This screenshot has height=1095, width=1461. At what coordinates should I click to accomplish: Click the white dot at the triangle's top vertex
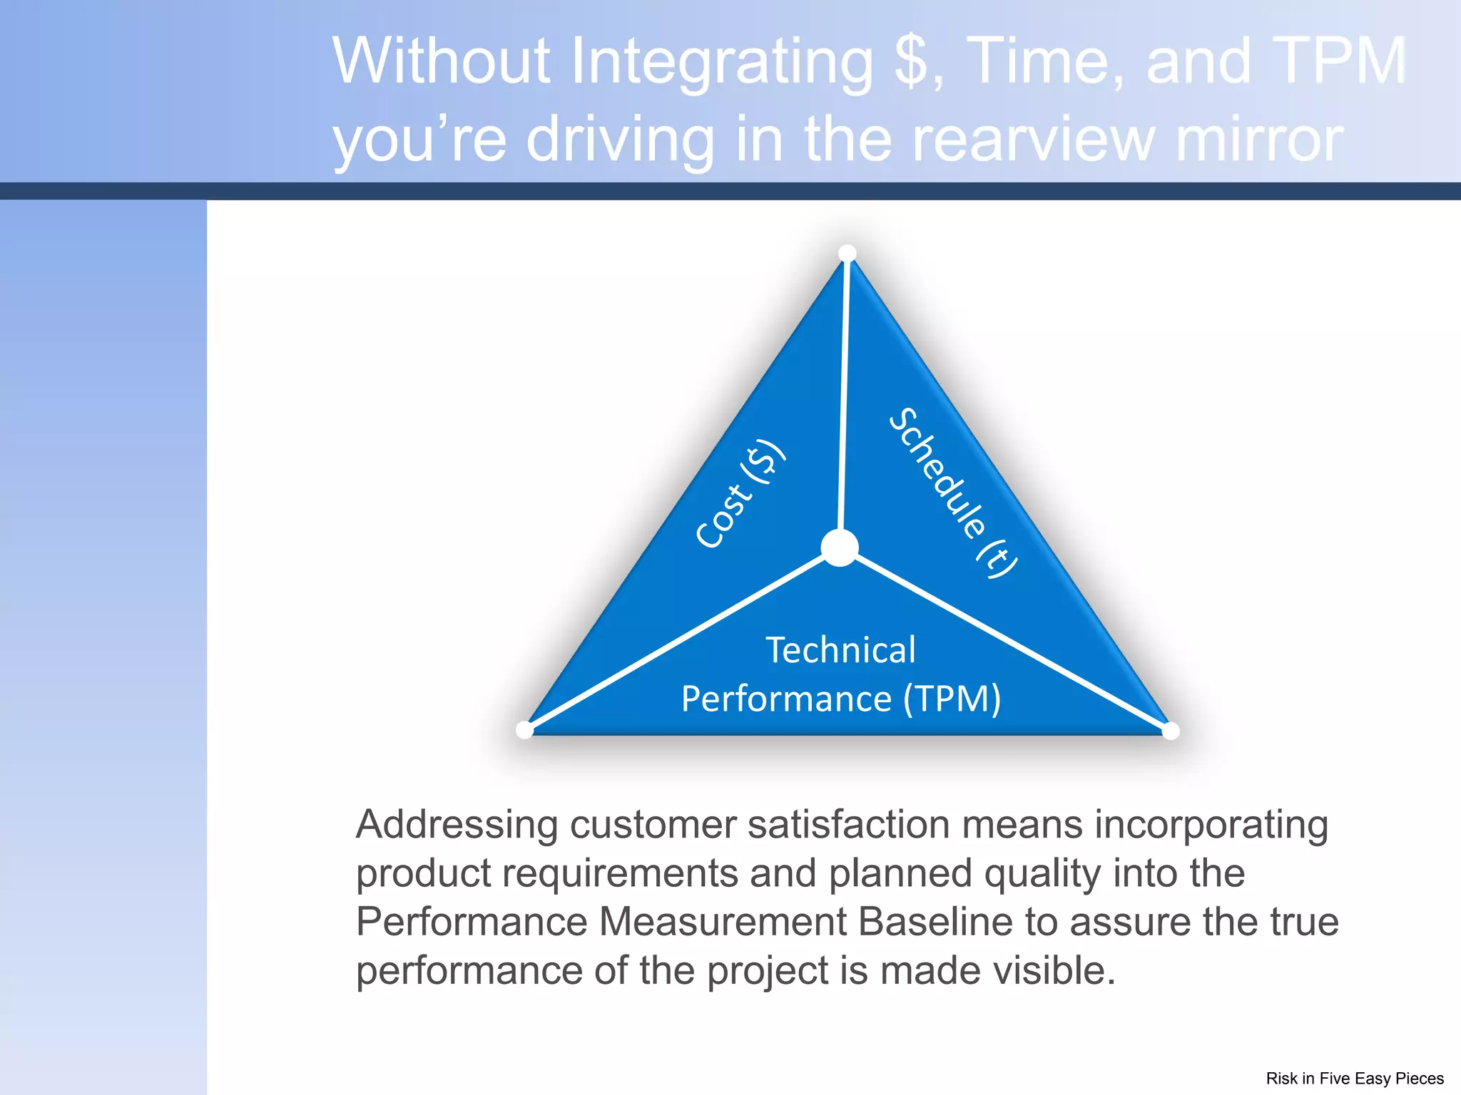click(847, 254)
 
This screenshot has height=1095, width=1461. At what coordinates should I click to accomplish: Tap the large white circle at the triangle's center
click(840, 547)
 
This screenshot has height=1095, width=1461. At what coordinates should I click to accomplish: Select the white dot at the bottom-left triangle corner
click(524, 730)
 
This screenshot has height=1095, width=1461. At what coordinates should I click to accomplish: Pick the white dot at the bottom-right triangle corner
click(1171, 731)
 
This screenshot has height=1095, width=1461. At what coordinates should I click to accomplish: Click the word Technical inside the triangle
click(840, 650)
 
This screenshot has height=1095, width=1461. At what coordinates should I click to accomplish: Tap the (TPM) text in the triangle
click(952, 699)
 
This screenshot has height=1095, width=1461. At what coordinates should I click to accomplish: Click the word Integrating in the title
click(722, 62)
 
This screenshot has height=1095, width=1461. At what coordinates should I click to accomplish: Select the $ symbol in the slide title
click(912, 62)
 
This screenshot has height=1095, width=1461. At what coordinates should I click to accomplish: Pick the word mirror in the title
click(1259, 139)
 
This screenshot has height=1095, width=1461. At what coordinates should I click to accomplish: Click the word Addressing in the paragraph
click(457, 825)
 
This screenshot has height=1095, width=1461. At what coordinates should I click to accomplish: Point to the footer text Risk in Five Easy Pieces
click(1354, 1078)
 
